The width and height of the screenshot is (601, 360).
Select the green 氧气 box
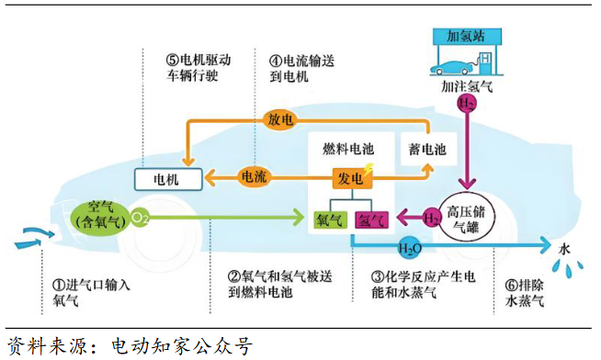pos(329,219)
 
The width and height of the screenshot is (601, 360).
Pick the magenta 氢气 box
pos(371,219)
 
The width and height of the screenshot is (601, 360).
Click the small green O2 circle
pos(140,219)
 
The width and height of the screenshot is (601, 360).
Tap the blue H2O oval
pos(410,247)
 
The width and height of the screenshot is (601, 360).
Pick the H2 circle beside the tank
pos(432,218)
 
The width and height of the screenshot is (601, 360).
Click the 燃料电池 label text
pos(347,147)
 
